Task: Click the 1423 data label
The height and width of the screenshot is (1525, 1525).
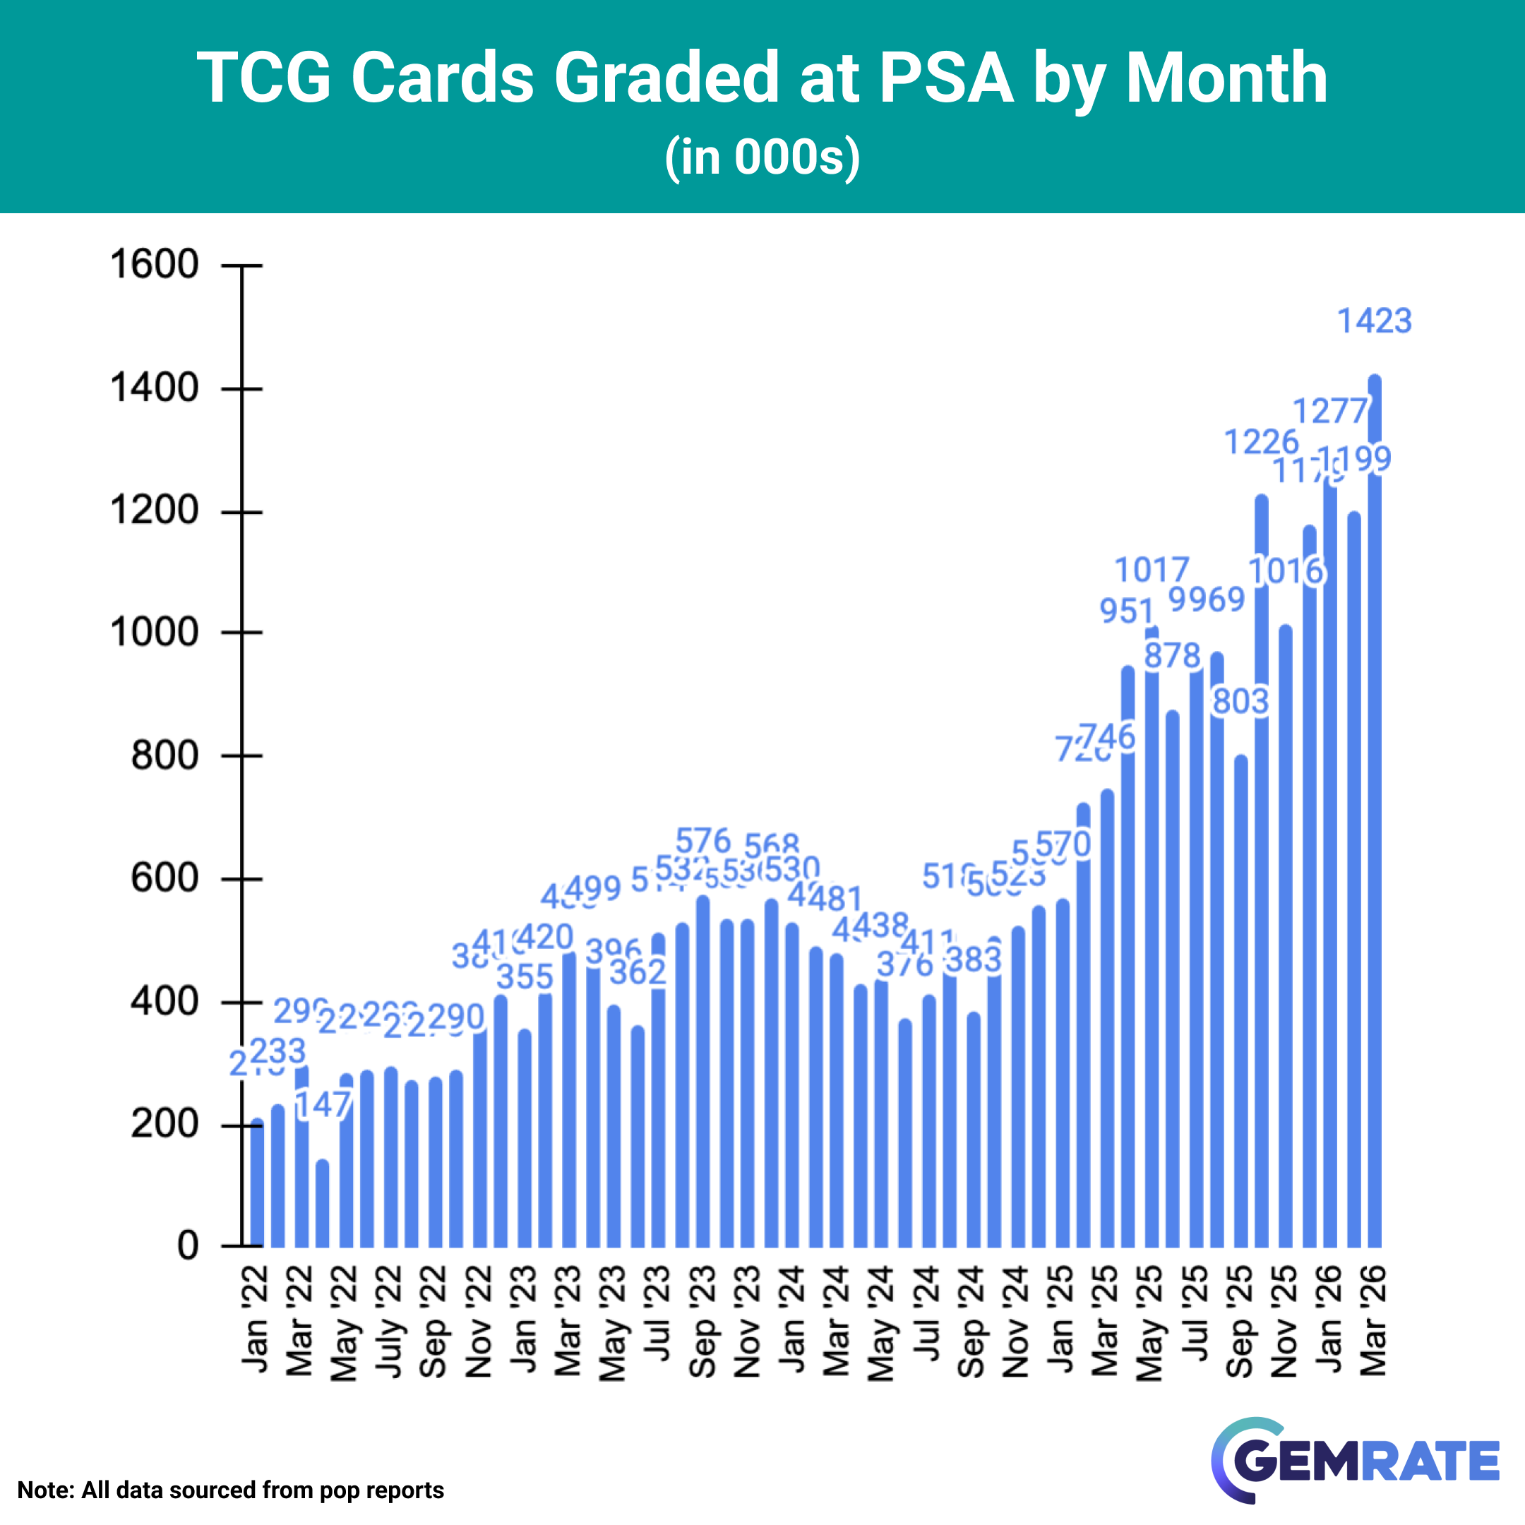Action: pos(1374,321)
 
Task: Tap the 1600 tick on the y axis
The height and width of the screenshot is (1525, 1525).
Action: pos(155,265)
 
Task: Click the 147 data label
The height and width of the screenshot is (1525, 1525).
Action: pos(323,1105)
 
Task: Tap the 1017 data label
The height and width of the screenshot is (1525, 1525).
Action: pos(1152,570)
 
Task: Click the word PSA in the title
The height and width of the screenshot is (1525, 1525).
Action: pos(945,78)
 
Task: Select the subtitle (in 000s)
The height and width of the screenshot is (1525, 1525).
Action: pos(762,156)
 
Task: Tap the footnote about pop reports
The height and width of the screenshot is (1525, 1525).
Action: pos(230,1490)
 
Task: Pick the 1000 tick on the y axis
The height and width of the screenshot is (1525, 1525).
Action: pos(155,633)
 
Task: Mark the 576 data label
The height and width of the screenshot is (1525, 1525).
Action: pos(703,842)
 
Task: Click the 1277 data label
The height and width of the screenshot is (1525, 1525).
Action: pos(1330,411)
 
